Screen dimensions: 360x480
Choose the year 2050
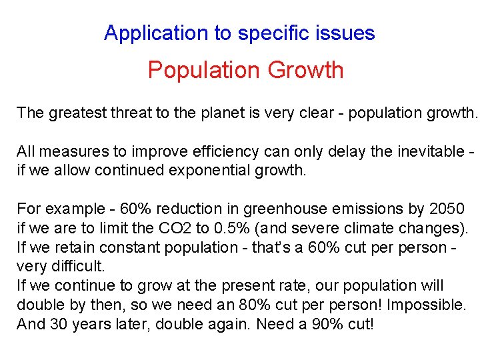(447, 209)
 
